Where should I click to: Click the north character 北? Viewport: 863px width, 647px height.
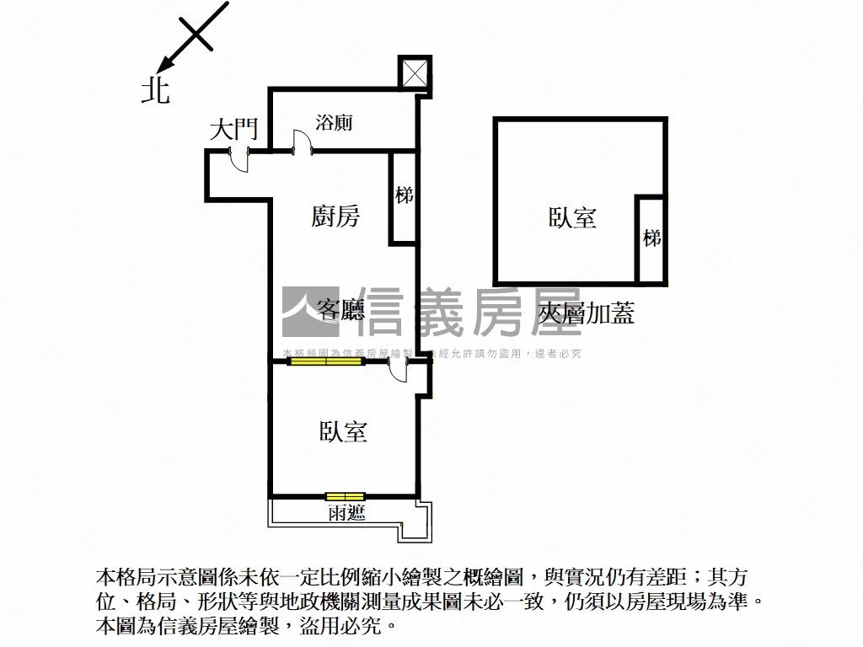155,90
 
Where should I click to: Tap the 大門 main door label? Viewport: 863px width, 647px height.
233,130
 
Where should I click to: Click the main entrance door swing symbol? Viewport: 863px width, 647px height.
240,160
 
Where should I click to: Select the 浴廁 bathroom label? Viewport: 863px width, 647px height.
334,123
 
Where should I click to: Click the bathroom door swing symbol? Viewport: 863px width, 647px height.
301,142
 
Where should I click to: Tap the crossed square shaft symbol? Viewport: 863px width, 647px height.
414,72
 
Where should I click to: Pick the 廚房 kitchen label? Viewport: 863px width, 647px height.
335,217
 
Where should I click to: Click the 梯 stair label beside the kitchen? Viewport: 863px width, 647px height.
405,195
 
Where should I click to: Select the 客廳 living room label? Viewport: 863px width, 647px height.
340,310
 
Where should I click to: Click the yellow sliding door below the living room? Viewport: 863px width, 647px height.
325,361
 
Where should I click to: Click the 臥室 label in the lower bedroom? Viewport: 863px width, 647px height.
343,432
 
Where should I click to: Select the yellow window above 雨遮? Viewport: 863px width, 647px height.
345,495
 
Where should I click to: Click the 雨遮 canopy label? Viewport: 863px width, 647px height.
346,512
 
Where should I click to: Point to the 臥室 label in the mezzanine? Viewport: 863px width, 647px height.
572,218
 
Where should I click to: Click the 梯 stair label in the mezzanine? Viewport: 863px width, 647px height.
651,238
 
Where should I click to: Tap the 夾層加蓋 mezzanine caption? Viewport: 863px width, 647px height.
586,314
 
